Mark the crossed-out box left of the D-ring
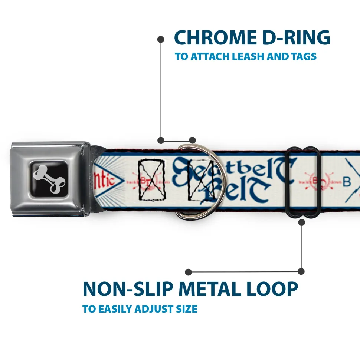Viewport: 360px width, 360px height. point(151,179)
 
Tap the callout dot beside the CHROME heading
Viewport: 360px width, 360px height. point(161,39)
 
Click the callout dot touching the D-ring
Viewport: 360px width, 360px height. point(192,140)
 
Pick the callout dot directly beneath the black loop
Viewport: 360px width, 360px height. point(301,222)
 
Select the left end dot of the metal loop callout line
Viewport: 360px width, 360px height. point(189,272)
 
